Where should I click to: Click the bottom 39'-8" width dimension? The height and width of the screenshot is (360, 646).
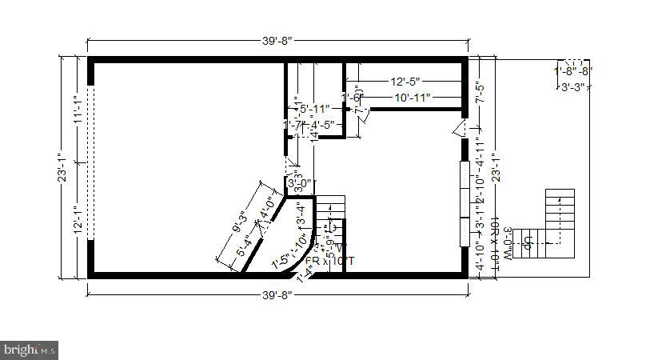pyautogui.click(x=277, y=294)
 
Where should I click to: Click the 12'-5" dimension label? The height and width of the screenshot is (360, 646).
pyautogui.click(x=405, y=82)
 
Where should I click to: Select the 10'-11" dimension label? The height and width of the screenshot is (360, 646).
pyautogui.click(x=412, y=98)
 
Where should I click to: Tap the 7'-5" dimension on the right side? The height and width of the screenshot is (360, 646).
pyautogui.click(x=480, y=94)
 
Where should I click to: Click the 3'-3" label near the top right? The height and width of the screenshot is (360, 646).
pyautogui.click(x=572, y=87)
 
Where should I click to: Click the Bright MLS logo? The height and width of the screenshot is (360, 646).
pyautogui.click(x=30, y=349)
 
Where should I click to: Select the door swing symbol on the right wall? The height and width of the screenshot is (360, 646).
pyautogui.click(x=459, y=129)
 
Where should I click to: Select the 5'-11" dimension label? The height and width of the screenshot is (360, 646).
pyautogui.click(x=314, y=109)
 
